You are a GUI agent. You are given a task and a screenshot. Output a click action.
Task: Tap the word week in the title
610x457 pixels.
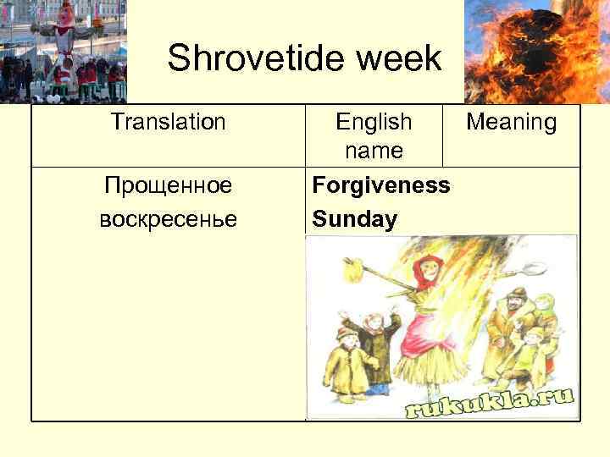pos(401,59)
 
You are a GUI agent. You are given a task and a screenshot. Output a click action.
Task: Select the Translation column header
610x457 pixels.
pos(168,123)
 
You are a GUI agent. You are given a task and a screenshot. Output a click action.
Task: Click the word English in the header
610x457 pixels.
pos(374,123)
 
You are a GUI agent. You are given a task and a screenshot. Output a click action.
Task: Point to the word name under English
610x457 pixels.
pos(374,151)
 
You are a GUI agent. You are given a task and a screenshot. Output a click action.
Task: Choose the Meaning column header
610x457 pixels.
pos(512,123)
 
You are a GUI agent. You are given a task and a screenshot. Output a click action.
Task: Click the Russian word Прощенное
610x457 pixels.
pos(168,184)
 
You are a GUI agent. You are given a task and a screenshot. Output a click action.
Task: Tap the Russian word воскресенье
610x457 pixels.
pos(168,219)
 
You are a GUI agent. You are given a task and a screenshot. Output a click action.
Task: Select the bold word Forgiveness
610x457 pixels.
pos(381,184)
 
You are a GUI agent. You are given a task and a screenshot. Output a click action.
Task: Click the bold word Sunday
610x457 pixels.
pos(354,220)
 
